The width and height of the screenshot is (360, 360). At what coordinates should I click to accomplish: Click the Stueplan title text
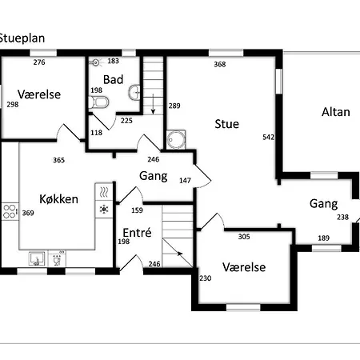(x=22, y=38)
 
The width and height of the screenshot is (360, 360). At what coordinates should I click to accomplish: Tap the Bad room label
(x=113, y=79)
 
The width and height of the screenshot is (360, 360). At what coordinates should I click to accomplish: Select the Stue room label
(x=227, y=124)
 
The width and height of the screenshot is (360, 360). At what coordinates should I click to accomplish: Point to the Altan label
(x=336, y=112)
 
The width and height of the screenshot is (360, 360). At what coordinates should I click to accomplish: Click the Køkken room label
(x=58, y=199)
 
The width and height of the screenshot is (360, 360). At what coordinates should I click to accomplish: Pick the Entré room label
(x=137, y=233)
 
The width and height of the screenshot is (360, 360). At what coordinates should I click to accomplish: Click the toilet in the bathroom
(x=98, y=102)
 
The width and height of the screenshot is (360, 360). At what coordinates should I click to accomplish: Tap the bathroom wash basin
(x=134, y=92)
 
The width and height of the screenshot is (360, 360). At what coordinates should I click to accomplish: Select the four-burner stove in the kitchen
(x=10, y=211)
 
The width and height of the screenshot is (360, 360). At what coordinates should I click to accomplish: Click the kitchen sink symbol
(x=37, y=259)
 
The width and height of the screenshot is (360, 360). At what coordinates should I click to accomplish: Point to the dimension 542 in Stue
(x=268, y=137)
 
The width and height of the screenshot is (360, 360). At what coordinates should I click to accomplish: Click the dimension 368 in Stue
(x=220, y=64)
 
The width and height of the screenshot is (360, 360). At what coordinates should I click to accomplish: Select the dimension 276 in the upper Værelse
(x=39, y=62)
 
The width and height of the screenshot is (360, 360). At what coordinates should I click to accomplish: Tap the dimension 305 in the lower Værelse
(x=244, y=237)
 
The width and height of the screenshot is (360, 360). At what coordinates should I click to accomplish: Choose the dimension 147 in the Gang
(x=185, y=181)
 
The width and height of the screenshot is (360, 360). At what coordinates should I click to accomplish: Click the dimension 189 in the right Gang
(x=323, y=238)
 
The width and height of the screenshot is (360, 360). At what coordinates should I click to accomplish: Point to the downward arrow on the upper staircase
(x=153, y=104)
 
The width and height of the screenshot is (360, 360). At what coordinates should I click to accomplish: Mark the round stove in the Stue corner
(x=176, y=139)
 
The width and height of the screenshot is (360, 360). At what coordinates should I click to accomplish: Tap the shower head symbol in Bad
(x=96, y=62)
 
